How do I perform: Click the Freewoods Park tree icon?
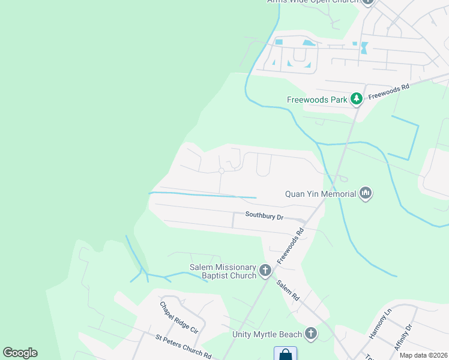pos(357,99)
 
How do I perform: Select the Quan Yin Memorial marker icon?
pos(366,194)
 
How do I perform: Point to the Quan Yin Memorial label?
pos(321,194)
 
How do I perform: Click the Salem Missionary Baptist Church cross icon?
pos(266,271)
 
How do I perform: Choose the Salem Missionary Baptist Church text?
pos(222,271)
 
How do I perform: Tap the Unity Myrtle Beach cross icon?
pos(311,334)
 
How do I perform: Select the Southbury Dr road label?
pos(264,215)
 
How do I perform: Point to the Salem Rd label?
pos(288,290)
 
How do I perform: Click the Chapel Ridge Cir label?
pos(179,317)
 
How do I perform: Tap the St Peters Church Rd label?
pos(183,347)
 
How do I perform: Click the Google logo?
pos(20,353)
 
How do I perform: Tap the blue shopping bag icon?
pos(285,354)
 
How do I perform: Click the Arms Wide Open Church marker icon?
pos(367,2)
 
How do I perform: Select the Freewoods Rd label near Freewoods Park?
pos(388,91)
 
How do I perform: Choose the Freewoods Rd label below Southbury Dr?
pos(291,246)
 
